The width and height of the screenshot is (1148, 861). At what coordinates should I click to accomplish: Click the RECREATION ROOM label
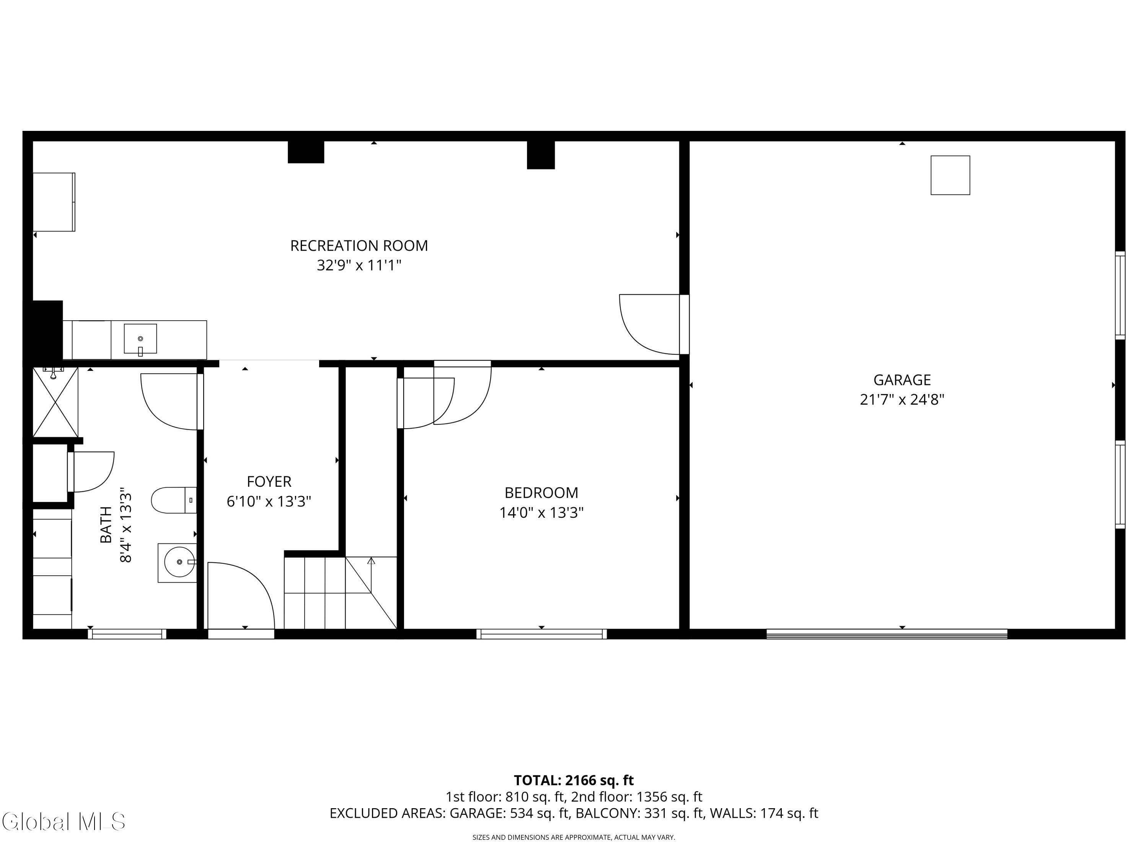[359, 246]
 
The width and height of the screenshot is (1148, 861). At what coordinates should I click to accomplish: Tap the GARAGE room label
[902, 380]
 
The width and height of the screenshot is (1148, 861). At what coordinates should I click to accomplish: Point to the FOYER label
[269, 482]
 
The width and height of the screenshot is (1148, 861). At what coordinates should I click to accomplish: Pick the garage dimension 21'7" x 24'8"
[902, 400]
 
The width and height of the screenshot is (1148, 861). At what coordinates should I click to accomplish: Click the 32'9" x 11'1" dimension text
[359, 266]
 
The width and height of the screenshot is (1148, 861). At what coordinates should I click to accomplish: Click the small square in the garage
[950, 175]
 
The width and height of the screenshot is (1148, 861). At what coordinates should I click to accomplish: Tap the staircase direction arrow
[371, 561]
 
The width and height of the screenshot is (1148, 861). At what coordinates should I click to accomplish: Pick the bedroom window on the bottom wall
[541, 634]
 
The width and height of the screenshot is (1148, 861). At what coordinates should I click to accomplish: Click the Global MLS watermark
[63, 822]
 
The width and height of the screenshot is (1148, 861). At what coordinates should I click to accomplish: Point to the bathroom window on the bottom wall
[127, 634]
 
